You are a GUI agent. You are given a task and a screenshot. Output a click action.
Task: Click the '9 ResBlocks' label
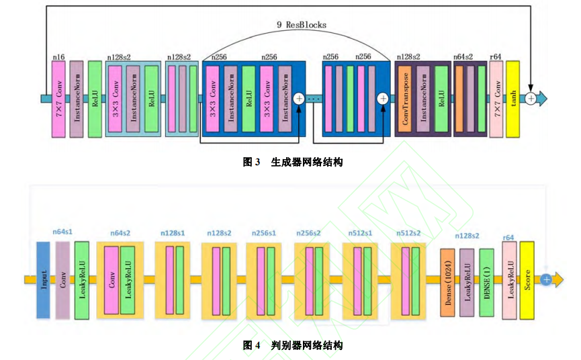click(302, 25)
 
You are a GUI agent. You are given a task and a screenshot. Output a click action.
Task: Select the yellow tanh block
click(513, 97)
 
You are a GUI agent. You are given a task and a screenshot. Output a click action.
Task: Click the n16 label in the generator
click(58, 57)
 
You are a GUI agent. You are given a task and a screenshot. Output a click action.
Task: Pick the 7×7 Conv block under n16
click(58, 98)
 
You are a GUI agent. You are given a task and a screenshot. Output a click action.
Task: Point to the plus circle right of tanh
click(531, 98)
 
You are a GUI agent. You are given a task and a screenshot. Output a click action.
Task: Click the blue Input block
click(44, 279)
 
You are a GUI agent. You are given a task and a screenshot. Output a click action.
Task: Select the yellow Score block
click(527, 279)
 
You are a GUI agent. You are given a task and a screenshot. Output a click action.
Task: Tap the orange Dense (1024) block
click(448, 281)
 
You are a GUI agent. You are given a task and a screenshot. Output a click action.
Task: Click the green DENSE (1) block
click(487, 281)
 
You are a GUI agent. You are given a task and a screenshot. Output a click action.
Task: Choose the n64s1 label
click(62, 232)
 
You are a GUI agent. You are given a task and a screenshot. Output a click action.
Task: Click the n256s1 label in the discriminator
click(264, 233)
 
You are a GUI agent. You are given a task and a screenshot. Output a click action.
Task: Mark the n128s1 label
click(173, 233)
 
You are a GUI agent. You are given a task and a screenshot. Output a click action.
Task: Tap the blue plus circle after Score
click(547, 279)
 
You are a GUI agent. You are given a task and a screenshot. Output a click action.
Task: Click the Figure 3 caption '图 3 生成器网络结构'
click(292, 162)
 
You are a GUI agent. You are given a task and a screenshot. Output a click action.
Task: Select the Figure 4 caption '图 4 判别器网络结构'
click(292, 345)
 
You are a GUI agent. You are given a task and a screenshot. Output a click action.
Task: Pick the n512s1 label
click(361, 233)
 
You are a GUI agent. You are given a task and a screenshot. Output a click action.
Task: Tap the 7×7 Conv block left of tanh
click(496, 98)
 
